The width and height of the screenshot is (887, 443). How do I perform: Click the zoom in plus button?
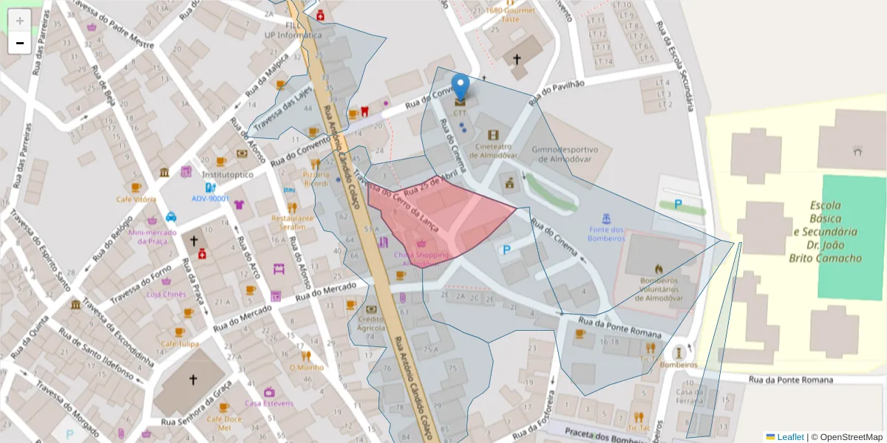(20, 21)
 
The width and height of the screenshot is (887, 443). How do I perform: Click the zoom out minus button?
(20, 43)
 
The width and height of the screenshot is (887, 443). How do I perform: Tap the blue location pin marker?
(461, 88)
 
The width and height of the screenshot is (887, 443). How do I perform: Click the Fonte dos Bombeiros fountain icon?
(607, 219)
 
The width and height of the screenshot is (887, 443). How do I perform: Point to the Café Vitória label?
(135, 199)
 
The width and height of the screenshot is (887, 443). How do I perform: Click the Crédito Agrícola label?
(372, 322)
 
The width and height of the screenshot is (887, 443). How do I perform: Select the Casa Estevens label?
(269, 403)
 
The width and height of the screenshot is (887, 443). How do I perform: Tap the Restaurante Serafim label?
(292, 223)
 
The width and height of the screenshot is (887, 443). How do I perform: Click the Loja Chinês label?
(166, 294)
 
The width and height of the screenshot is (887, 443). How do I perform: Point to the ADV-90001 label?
(211, 199)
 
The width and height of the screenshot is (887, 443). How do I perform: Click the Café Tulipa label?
(180, 344)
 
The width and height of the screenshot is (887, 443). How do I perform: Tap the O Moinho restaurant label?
(306, 367)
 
